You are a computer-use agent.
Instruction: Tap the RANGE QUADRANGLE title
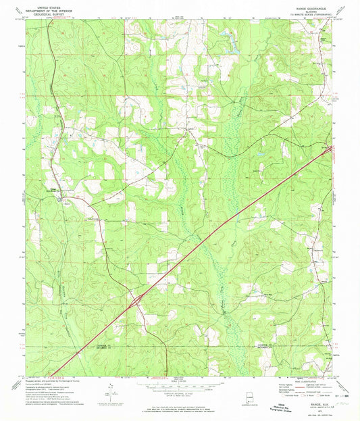[x=311, y=4]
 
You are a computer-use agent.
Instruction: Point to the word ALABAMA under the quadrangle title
[x=311, y=7]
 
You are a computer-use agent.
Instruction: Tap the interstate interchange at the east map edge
[x=330, y=149]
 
